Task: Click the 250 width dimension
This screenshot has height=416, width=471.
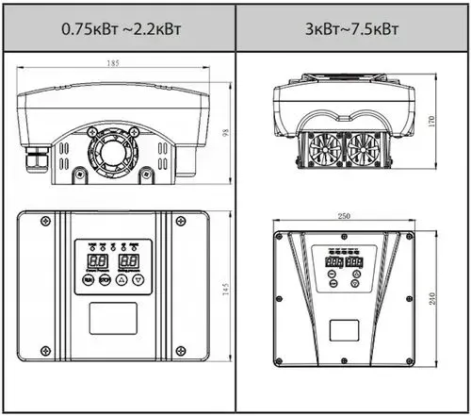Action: (x=345, y=217)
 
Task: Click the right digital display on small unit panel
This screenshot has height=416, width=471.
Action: (x=131, y=258)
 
